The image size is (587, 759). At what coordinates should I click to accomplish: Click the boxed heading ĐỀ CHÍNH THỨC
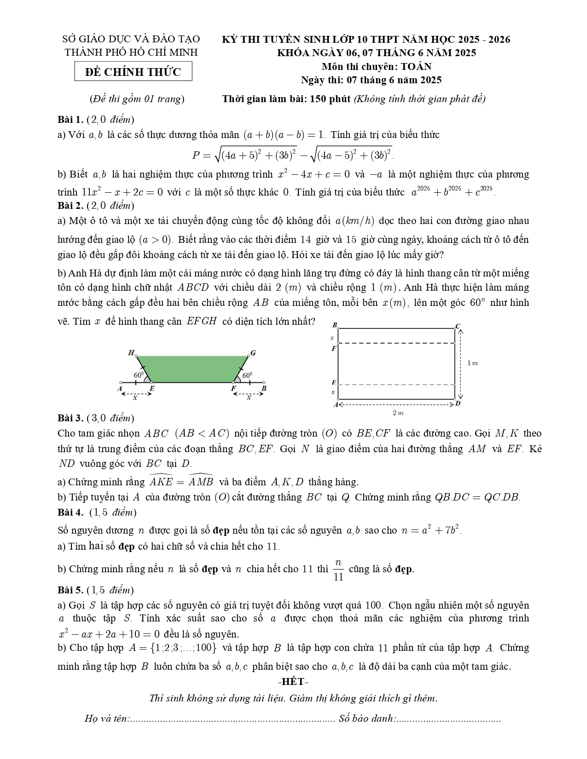coord(133,72)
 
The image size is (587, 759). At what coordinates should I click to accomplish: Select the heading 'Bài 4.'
coord(70,512)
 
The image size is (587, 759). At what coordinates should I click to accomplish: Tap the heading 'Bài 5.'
coord(70,590)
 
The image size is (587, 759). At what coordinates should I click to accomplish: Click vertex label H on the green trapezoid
coord(131,353)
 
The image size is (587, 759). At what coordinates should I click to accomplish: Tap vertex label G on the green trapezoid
coord(253,353)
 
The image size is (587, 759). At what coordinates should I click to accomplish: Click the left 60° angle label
coord(139,375)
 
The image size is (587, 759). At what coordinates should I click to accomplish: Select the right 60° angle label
coord(247,375)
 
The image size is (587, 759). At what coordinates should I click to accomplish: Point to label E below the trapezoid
coord(152,388)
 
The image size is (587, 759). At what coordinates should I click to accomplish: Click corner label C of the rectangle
coord(458,326)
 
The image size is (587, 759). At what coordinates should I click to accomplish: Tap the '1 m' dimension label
coord(472,363)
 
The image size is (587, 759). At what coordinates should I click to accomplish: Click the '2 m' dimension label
coord(398,413)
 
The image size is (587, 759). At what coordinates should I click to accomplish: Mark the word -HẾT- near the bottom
coord(293,682)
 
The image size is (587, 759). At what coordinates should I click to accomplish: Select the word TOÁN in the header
coord(416,66)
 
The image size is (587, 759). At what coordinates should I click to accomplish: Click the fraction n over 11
coord(338,570)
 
